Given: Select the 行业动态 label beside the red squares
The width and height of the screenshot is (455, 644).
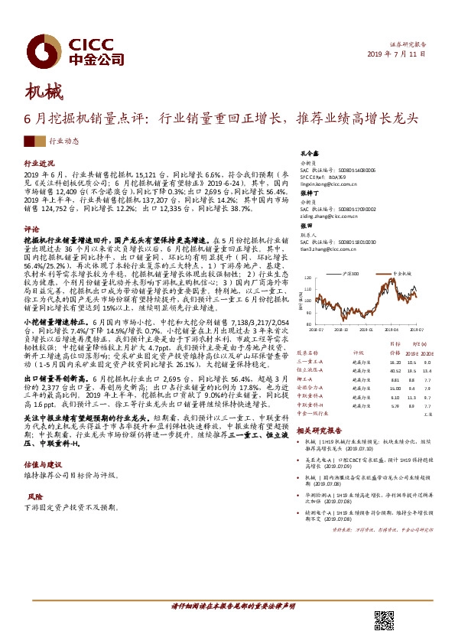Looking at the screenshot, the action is (x=64, y=141).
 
